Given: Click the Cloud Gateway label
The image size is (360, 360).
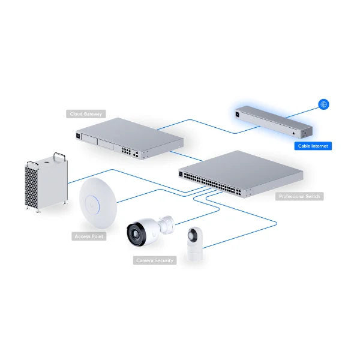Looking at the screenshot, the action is [x=86, y=114].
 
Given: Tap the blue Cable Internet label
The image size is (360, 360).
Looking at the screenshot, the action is [x=313, y=146].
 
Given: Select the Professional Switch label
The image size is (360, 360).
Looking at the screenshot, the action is [x=299, y=196].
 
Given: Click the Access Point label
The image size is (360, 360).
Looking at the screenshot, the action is [x=89, y=236].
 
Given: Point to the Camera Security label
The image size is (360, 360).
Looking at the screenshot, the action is [x=155, y=260].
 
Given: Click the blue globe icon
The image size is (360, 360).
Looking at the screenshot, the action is [x=323, y=104].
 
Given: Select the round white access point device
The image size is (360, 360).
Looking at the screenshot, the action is [x=98, y=203].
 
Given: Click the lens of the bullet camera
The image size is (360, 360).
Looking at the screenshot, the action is [x=136, y=233].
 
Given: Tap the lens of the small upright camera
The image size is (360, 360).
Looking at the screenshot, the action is [x=191, y=235].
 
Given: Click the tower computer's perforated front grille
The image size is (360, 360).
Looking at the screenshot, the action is [x=31, y=187].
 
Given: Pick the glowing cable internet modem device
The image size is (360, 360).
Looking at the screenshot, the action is [x=274, y=122].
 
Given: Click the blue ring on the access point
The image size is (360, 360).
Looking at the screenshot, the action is [x=92, y=205].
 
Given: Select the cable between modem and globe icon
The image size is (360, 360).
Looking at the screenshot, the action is [x=302, y=113].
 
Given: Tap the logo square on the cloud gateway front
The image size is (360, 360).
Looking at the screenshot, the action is [x=78, y=136].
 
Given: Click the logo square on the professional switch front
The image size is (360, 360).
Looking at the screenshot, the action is [x=181, y=174].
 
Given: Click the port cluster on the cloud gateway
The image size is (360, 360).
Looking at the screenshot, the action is [x=127, y=151].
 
